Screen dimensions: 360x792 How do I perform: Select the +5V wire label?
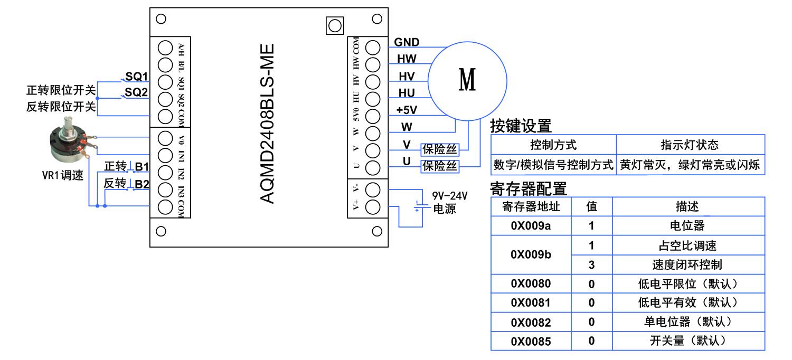click(407, 110)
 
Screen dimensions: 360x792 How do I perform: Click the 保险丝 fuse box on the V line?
click(439, 149)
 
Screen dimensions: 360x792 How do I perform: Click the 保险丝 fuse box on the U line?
click(439, 166)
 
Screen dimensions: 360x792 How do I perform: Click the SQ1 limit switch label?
click(136, 76)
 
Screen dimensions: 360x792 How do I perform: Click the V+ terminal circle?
click(373, 206)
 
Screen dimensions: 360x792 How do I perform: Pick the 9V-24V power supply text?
click(450, 196)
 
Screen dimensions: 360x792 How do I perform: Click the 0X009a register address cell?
click(531, 226)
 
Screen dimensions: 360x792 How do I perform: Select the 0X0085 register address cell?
click(531, 342)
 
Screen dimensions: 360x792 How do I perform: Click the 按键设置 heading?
click(521, 126)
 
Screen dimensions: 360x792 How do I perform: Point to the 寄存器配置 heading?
click(529, 188)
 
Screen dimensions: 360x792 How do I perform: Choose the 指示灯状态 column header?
click(690, 145)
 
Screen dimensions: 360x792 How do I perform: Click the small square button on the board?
click(334, 25)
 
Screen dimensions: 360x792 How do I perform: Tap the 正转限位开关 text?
click(61, 90)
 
